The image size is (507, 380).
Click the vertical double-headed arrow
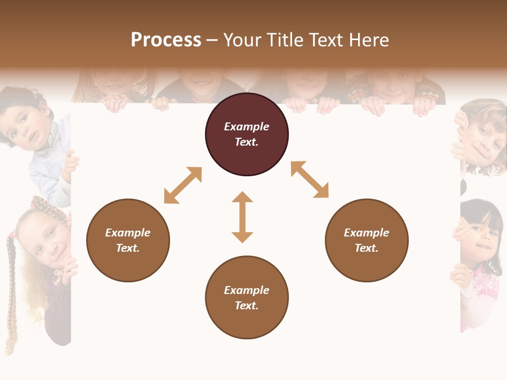pos(242,217)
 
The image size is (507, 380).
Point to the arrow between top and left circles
pos(183,185)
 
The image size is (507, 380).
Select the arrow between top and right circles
pos(309,179)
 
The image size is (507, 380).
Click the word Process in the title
pos(166,40)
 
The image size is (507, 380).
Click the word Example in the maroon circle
pos(247,127)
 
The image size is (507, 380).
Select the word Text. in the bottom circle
pos(247,306)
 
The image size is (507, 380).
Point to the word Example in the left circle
pos(128,233)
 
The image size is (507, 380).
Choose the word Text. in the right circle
pos(367,248)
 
